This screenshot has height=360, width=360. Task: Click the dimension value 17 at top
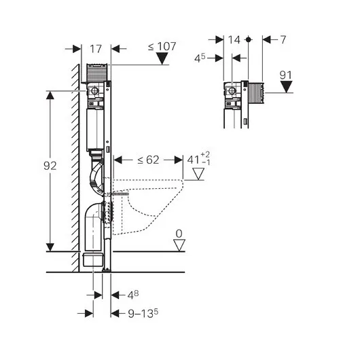coord(96,49)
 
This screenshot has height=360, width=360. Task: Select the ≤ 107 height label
coord(162,46)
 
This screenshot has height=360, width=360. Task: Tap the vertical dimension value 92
coord(50,166)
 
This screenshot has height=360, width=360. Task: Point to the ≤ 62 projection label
coord(148,160)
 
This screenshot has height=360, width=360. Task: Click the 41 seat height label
coord(198,159)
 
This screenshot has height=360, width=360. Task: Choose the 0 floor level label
coord(179,234)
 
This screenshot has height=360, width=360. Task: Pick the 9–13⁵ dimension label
coord(143,313)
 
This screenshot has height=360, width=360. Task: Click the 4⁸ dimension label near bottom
coord(133,295)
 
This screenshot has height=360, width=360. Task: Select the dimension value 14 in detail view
coord(234,39)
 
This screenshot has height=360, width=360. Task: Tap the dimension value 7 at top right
coord(283,39)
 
